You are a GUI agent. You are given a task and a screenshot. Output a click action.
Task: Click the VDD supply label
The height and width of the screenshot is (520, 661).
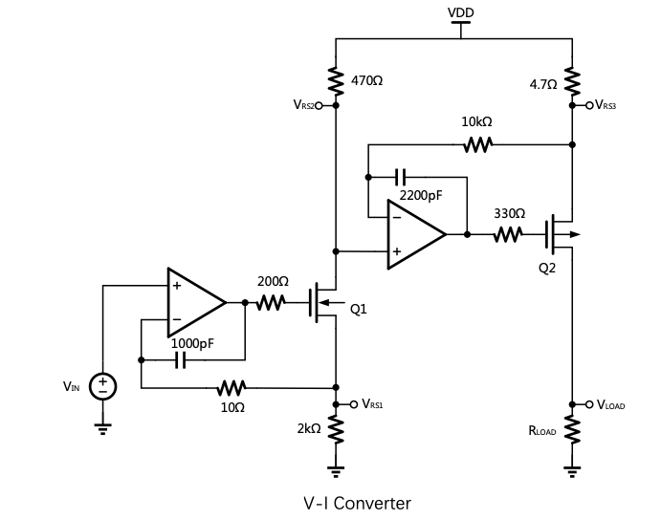click(460, 12)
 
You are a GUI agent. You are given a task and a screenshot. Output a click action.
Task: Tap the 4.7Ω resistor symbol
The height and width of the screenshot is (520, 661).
click(572, 82)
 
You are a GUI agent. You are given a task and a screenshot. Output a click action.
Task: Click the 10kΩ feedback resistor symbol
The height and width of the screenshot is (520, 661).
click(476, 145)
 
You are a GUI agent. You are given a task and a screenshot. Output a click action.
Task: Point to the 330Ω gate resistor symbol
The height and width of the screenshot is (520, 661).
click(507, 234)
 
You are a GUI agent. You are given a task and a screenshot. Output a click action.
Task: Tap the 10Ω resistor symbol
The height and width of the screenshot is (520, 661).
click(232, 388)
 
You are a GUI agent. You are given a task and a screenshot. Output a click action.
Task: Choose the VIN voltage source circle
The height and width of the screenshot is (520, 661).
click(102, 387)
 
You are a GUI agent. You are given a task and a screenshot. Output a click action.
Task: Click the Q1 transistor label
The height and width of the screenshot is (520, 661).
click(359, 309)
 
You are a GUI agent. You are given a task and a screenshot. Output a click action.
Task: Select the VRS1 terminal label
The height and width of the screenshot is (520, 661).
click(373, 404)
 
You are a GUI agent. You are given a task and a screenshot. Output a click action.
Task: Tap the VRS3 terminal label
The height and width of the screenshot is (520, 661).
click(606, 105)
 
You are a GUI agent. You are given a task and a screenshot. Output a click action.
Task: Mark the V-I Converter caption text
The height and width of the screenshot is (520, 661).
click(356, 503)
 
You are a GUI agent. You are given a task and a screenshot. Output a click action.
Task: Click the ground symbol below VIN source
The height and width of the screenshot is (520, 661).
click(102, 427)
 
